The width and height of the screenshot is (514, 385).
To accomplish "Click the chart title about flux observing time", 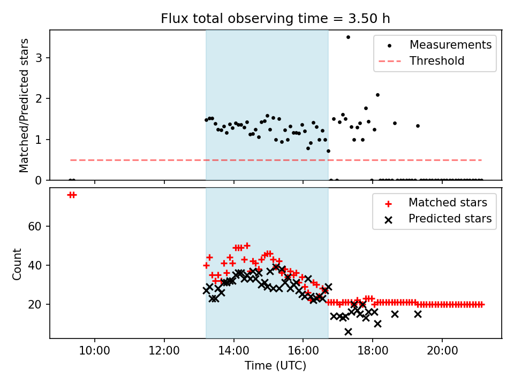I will [x=275, y=18].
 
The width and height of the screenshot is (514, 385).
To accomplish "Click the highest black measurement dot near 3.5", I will [x=348, y=37].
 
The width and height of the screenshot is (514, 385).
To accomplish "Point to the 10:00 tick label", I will [x=95, y=351].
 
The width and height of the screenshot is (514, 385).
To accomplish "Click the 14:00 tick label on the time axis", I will [x=234, y=351].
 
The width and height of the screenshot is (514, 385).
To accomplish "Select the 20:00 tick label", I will [x=442, y=351].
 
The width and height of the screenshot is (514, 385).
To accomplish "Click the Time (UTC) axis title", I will [x=275, y=366].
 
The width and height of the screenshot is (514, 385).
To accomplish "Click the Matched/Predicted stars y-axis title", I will [x=24, y=105].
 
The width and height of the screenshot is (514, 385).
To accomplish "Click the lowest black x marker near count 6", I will [x=348, y=332].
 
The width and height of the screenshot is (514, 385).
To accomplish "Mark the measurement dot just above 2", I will [x=377, y=95].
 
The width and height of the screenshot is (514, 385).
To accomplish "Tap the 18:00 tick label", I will [x=373, y=351].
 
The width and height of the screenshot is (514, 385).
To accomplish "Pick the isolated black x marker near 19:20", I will [x=418, y=314].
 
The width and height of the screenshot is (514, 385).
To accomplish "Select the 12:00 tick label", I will [x=164, y=351].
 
